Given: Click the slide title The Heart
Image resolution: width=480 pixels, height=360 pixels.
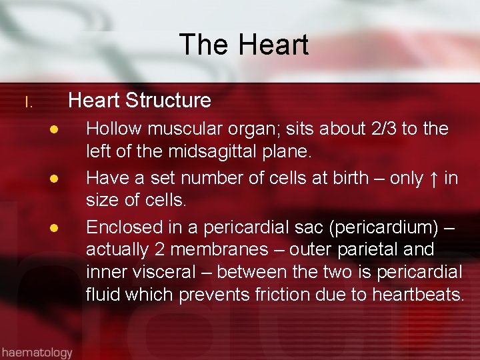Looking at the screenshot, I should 243,45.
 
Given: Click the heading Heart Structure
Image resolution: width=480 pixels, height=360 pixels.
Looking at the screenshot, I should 139,101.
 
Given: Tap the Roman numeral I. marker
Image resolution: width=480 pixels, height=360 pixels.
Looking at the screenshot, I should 28,103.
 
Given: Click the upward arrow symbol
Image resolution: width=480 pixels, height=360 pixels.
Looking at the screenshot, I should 434,178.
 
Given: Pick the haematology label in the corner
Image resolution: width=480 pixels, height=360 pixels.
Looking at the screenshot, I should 36,351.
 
